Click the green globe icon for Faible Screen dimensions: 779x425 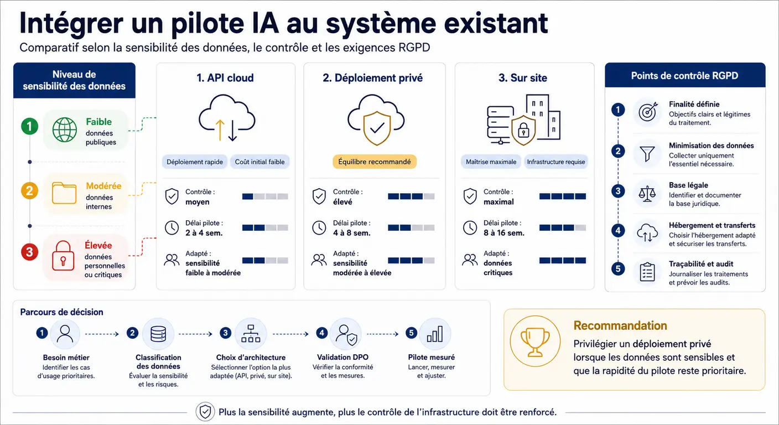65,129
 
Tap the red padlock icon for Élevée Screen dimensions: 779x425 63,256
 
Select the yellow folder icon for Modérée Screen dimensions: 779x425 64,193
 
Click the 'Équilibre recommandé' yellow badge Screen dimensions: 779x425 375,162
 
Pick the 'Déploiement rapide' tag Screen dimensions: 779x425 195,162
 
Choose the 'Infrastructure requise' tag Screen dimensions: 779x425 555,162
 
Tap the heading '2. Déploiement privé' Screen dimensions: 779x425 372,78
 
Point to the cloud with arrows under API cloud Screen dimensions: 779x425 227,118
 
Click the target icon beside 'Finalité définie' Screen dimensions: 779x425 648,112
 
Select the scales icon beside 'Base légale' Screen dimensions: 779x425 647,194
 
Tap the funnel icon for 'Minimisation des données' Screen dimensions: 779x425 647,154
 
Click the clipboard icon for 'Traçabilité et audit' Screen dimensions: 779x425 647,272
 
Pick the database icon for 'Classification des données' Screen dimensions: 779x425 158,334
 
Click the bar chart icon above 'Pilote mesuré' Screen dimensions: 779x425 435,334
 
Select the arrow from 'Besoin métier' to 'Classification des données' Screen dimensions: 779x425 102,334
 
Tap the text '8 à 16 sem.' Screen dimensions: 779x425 503,233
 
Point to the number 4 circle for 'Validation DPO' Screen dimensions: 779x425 321,333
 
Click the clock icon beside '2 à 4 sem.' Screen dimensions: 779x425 172,228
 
